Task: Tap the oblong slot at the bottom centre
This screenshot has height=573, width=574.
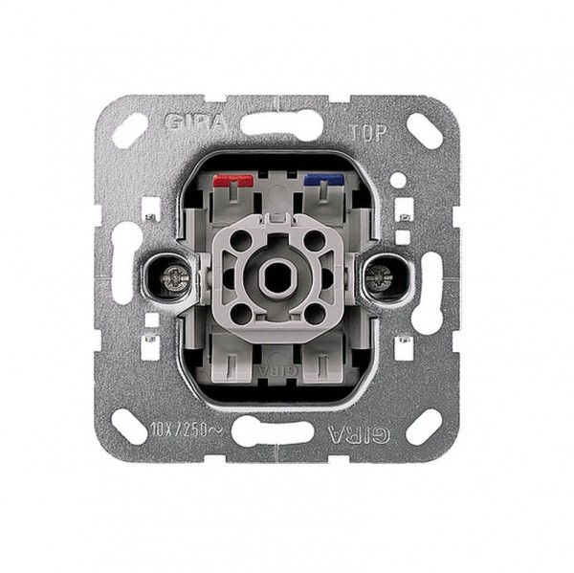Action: click(x=277, y=432)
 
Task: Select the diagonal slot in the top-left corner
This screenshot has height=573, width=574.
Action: click(x=130, y=129)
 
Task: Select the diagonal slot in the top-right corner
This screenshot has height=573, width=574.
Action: click(x=424, y=130)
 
